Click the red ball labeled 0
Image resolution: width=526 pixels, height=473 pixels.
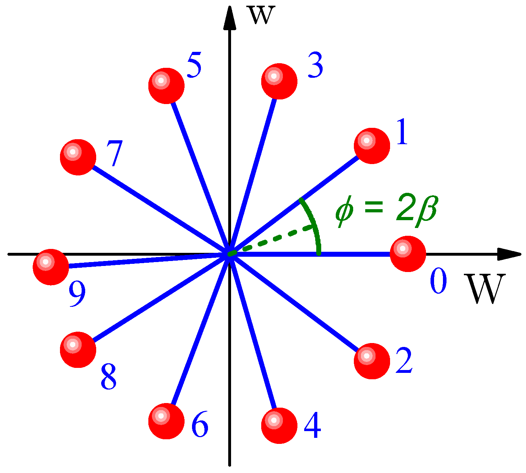click(408, 254)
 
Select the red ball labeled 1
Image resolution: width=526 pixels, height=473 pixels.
click(372, 146)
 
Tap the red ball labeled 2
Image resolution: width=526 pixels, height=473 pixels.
click(372, 361)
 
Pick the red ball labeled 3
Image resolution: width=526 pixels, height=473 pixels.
click(279, 81)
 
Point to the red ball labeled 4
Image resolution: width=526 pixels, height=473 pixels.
click(279, 425)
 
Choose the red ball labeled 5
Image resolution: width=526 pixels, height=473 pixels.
click(166, 86)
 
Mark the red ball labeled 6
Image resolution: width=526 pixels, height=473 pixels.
click(166, 421)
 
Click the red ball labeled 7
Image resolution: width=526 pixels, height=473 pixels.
click(78, 157)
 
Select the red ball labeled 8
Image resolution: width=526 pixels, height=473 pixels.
click(78, 349)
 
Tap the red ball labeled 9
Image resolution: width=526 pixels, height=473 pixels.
click(51, 267)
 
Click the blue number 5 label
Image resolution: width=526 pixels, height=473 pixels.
click(194, 65)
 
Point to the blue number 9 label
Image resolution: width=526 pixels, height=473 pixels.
click(77, 295)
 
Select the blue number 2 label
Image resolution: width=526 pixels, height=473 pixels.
click(404, 361)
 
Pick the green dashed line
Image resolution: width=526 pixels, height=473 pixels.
click(273, 239)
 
